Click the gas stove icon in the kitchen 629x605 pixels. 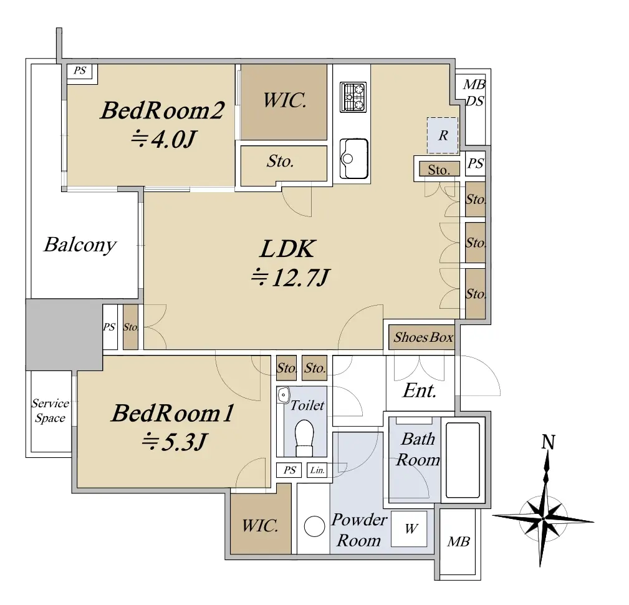tap(353, 97)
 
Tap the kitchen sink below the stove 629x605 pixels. tap(353, 158)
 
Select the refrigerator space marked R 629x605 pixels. tap(443, 135)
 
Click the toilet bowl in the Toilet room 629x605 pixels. tap(304, 438)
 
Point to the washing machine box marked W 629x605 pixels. tap(409, 528)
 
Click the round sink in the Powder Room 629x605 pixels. tap(314, 526)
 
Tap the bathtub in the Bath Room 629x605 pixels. tap(463, 460)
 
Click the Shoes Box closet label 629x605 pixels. tap(423, 337)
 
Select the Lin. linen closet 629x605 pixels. tap(317, 470)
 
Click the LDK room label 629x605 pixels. tap(287, 249)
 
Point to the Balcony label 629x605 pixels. tap(80, 244)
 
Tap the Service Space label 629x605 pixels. tap(50, 410)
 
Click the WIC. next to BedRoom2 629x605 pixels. tap(284, 100)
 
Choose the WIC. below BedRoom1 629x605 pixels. tap(260, 526)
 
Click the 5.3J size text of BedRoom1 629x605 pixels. tap(175, 442)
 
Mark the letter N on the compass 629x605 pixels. tap(549, 442)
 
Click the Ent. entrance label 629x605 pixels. tap(420, 390)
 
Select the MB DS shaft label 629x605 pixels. tap(474, 93)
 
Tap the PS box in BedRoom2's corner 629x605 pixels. tap(80, 70)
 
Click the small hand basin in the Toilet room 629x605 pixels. tap(284, 395)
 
